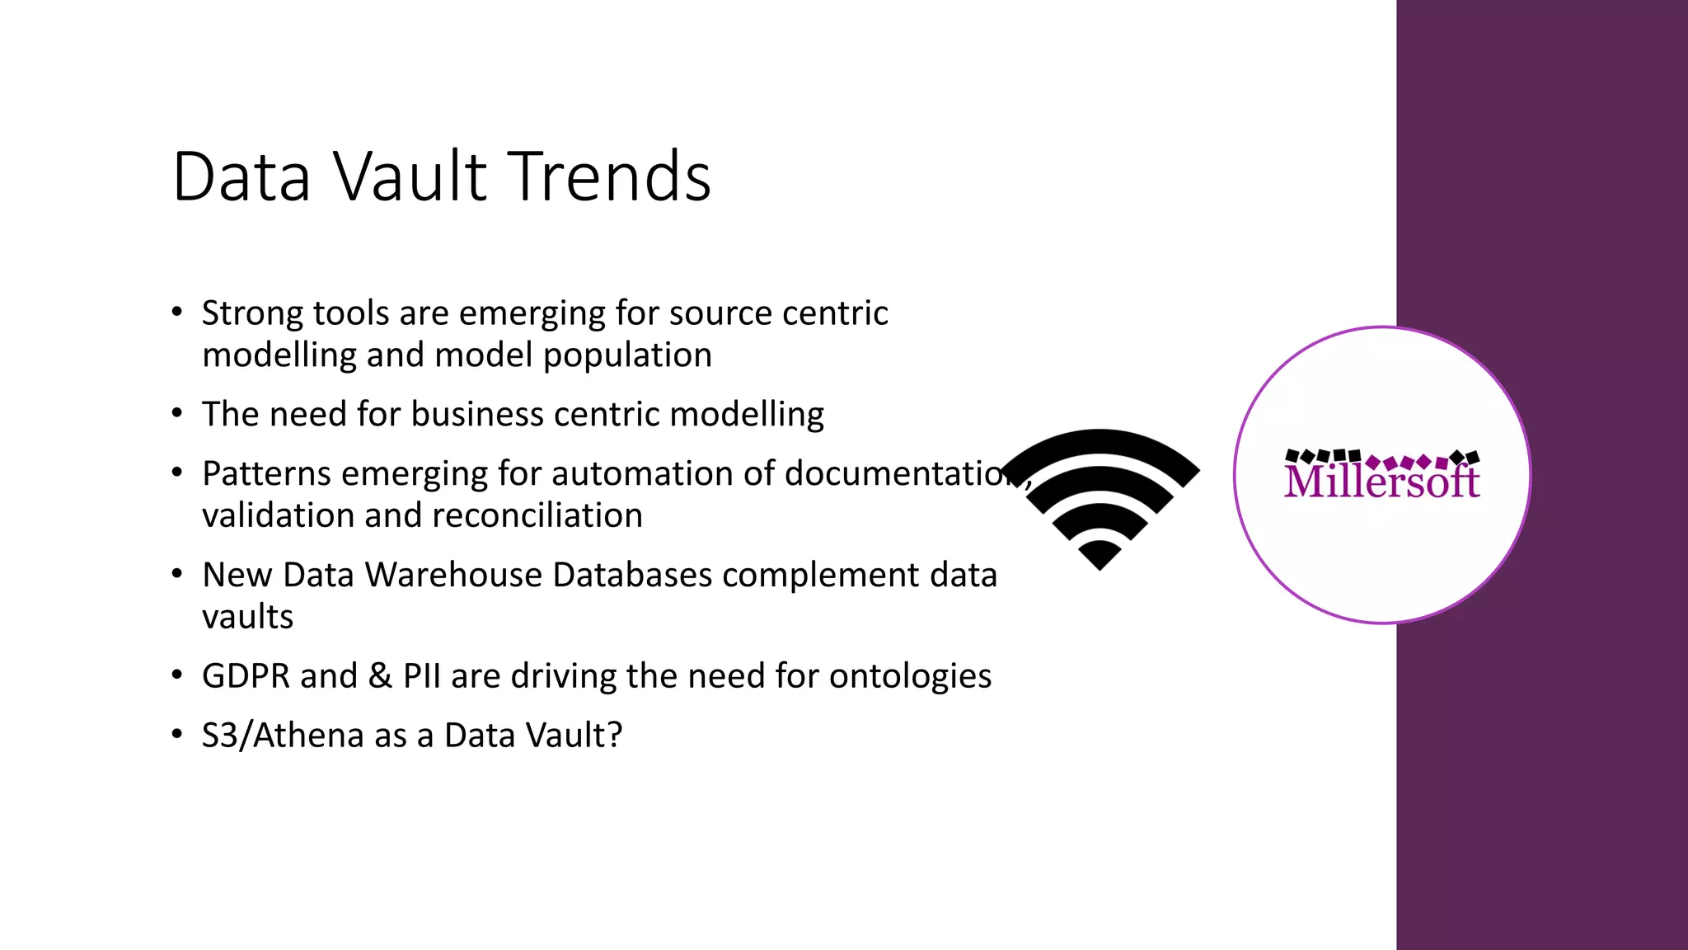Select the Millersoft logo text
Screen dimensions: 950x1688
click(x=1381, y=481)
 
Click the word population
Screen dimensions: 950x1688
click(x=627, y=355)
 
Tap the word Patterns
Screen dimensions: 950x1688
click(x=266, y=474)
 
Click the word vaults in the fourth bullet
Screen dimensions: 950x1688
click(x=247, y=617)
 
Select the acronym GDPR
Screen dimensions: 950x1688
click(x=246, y=676)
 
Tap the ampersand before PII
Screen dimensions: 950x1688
click(x=380, y=676)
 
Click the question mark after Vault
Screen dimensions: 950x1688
click(x=614, y=736)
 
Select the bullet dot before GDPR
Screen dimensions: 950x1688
click(x=176, y=675)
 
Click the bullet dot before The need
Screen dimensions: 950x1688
click(x=176, y=413)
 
